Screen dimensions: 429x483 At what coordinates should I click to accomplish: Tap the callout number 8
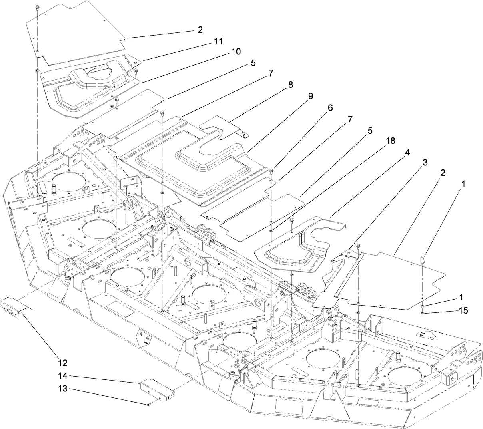tap(290, 85)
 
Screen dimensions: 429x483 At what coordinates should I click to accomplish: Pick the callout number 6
tap(330, 108)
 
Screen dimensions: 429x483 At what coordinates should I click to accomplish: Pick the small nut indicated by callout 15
tap(423, 312)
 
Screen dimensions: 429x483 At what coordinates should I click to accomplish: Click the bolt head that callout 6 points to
tap(272, 171)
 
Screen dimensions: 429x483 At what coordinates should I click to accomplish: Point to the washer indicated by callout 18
tap(271, 230)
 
